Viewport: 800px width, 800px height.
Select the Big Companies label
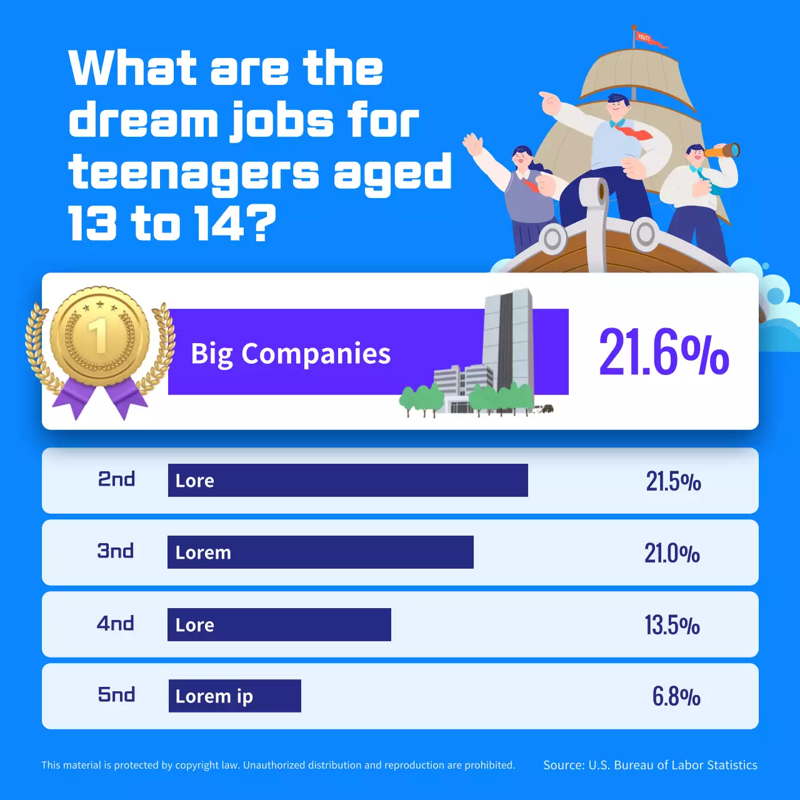(x=291, y=354)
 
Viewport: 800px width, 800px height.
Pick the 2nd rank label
(x=117, y=479)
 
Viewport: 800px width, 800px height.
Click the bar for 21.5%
(x=347, y=481)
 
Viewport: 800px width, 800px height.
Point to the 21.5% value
(x=673, y=482)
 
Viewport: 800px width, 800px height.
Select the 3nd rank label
(x=116, y=551)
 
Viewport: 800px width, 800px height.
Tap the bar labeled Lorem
(x=320, y=552)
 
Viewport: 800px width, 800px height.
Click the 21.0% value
(x=672, y=554)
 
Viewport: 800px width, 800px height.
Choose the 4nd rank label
(x=116, y=624)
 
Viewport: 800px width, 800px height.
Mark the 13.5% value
(x=672, y=625)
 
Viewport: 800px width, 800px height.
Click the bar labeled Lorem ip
(x=234, y=696)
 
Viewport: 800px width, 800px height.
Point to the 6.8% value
(x=676, y=696)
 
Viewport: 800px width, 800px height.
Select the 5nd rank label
(x=116, y=695)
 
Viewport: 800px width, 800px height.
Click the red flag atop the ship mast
(x=647, y=39)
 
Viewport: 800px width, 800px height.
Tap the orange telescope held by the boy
(x=723, y=151)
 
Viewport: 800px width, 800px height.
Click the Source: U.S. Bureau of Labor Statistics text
(x=650, y=765)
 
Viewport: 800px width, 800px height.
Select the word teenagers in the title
(x=194, y=172)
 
